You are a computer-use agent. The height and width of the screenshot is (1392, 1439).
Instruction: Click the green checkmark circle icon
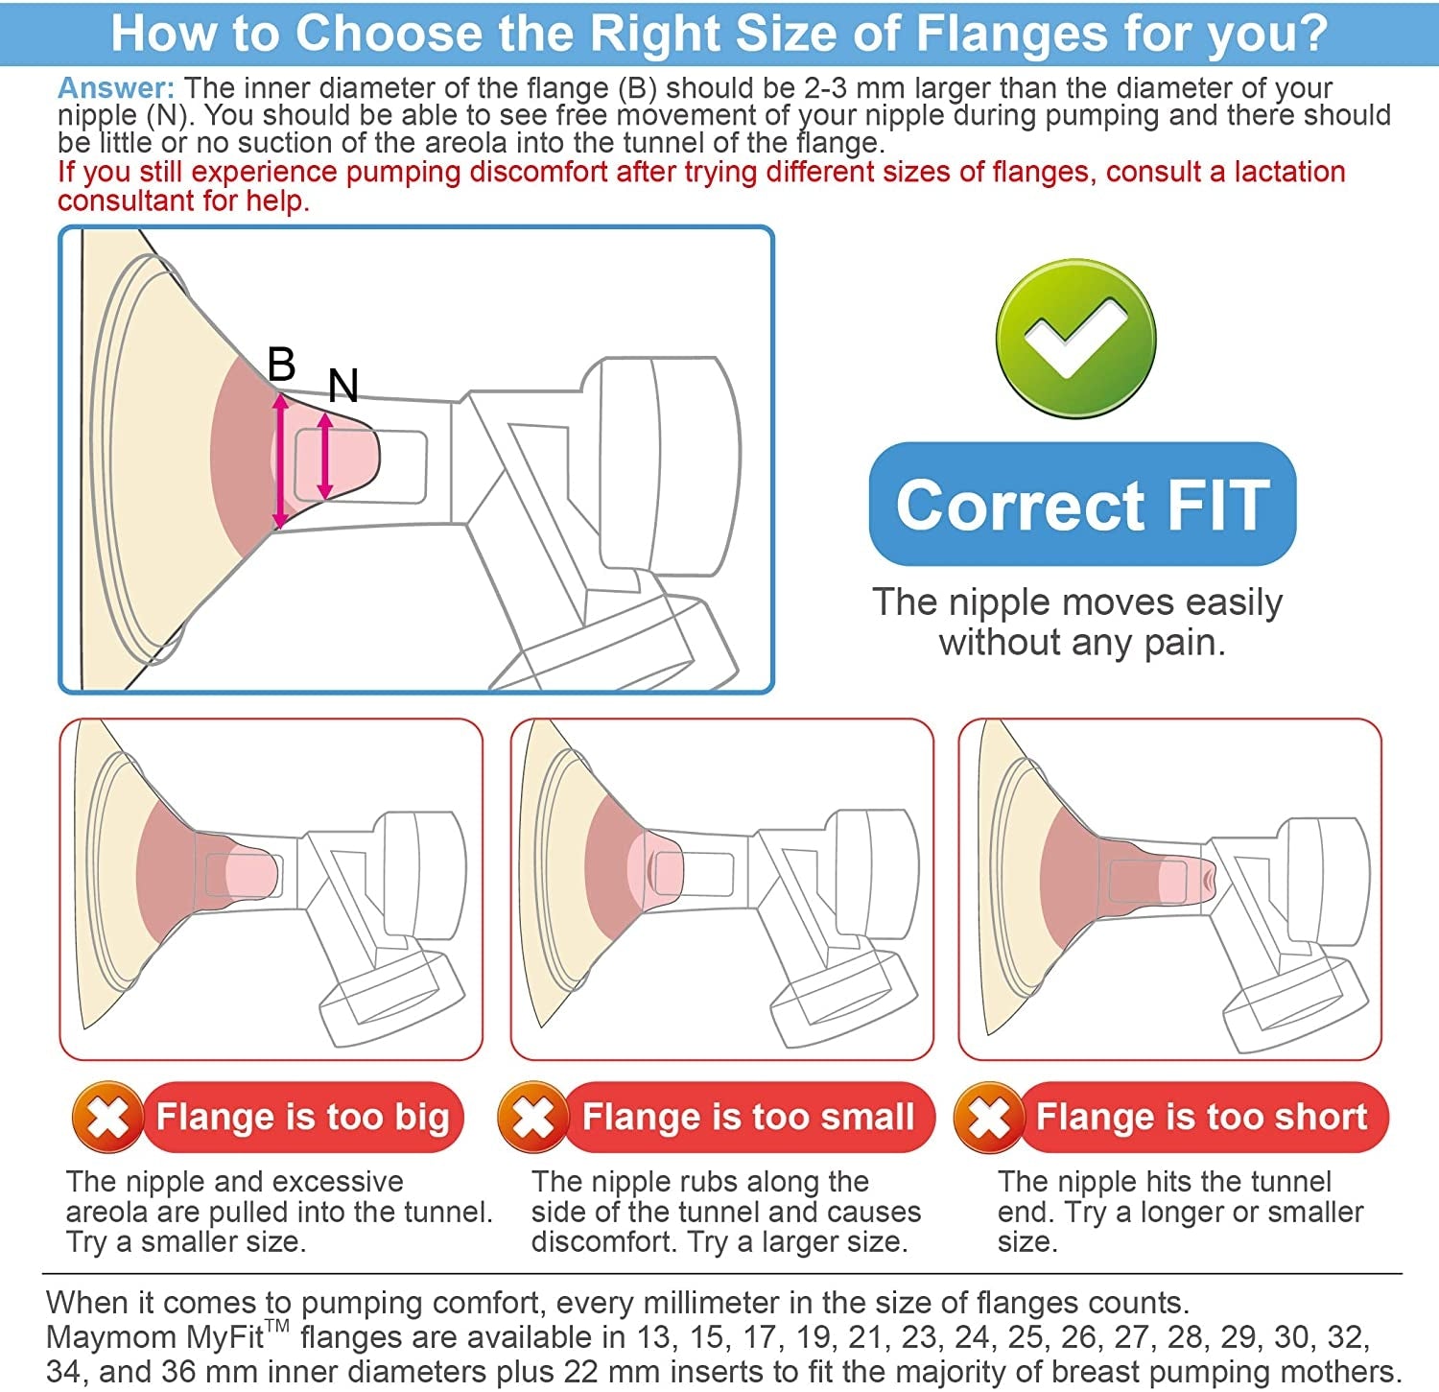pos(1074,338)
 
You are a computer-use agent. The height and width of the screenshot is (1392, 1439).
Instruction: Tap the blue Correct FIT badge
pos(1082,505)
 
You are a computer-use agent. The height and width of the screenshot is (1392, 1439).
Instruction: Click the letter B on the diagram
pos(281,365)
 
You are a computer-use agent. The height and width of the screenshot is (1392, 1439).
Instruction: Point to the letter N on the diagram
pos(342,386)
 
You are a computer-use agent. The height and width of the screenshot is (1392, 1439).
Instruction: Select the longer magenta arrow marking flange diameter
pos(280,460)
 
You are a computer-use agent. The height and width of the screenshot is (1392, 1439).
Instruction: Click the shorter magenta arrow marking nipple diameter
pos(325,456)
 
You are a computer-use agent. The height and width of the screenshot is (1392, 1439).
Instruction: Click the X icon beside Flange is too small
pos(533,1117)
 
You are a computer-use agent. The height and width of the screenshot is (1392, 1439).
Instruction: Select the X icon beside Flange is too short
pos(989,1117)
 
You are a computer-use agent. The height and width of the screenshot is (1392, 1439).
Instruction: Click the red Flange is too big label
pos(302,1117)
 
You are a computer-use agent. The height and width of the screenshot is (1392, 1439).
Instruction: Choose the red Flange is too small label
pos(748,1117)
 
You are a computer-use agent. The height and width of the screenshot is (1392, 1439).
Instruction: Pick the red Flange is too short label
pos(1202,1117)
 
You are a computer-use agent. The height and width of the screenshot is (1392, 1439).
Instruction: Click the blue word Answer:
pos(116,88)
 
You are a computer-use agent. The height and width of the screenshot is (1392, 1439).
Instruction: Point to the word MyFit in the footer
pos(224,1337)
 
